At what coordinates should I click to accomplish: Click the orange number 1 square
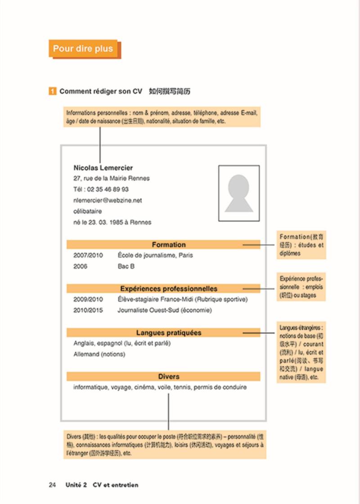point(53,91)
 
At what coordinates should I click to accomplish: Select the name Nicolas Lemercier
point(103,168)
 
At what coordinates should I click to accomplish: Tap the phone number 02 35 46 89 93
point(108,189)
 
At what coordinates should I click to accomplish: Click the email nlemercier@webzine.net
point(108,200)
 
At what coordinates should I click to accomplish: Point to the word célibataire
point(88,211)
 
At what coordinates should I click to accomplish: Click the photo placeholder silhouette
point(239,193)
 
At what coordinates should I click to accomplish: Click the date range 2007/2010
point(88,255)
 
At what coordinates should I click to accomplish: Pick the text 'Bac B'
point(126,266)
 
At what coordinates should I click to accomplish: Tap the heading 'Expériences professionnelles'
point(168,288)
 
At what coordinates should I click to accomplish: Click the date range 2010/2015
point(88,310)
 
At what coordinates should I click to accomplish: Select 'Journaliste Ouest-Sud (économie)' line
point(164,310)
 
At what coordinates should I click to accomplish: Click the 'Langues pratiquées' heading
point(168,333)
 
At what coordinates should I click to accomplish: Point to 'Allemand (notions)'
point(99,354)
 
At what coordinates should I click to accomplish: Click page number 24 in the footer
point(52,485)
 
